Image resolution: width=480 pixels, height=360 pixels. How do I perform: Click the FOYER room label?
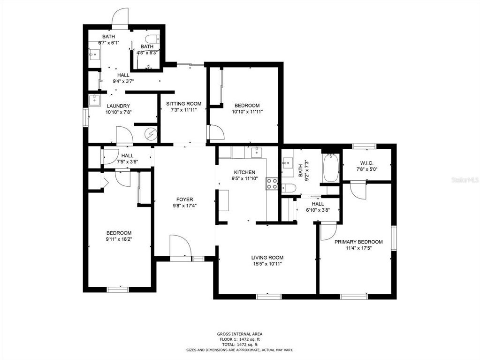(x=184, y=199)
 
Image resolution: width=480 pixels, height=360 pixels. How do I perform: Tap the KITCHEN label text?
(x=244, y=172)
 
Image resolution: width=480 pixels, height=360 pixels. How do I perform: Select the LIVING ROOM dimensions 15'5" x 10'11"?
(x=267, y=264)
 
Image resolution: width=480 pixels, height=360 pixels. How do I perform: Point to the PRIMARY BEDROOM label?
(x=358, y=242)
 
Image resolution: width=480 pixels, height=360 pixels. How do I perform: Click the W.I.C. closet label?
(x=367, y=163)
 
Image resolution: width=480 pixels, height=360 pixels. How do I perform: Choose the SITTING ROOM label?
(x=183, y=104)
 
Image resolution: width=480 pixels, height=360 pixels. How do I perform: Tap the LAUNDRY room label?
(x=118, y=106)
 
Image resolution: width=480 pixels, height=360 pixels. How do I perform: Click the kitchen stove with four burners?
(x=272, y=184)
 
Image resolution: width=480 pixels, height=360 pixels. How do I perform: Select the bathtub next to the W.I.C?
(x=331, y=168)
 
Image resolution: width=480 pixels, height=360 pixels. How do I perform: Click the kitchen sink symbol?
(x=256, y=152)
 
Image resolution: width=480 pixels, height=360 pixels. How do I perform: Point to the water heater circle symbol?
(x=151, y=134)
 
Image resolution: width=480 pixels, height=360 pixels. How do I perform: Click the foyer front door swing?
(x=180, y=245)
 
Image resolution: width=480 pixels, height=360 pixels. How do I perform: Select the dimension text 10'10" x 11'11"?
(x=247, y=111)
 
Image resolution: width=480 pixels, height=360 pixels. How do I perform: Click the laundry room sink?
(x=95, y=100)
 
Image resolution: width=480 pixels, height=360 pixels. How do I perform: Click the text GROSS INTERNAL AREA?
(x=240, y=334)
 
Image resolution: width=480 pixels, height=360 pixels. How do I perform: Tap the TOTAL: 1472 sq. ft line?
(x=240, y=345)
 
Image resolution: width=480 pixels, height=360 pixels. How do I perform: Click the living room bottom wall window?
(x=268, y=296)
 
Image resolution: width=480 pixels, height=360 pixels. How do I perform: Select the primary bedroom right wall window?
(x=394, y=238)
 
